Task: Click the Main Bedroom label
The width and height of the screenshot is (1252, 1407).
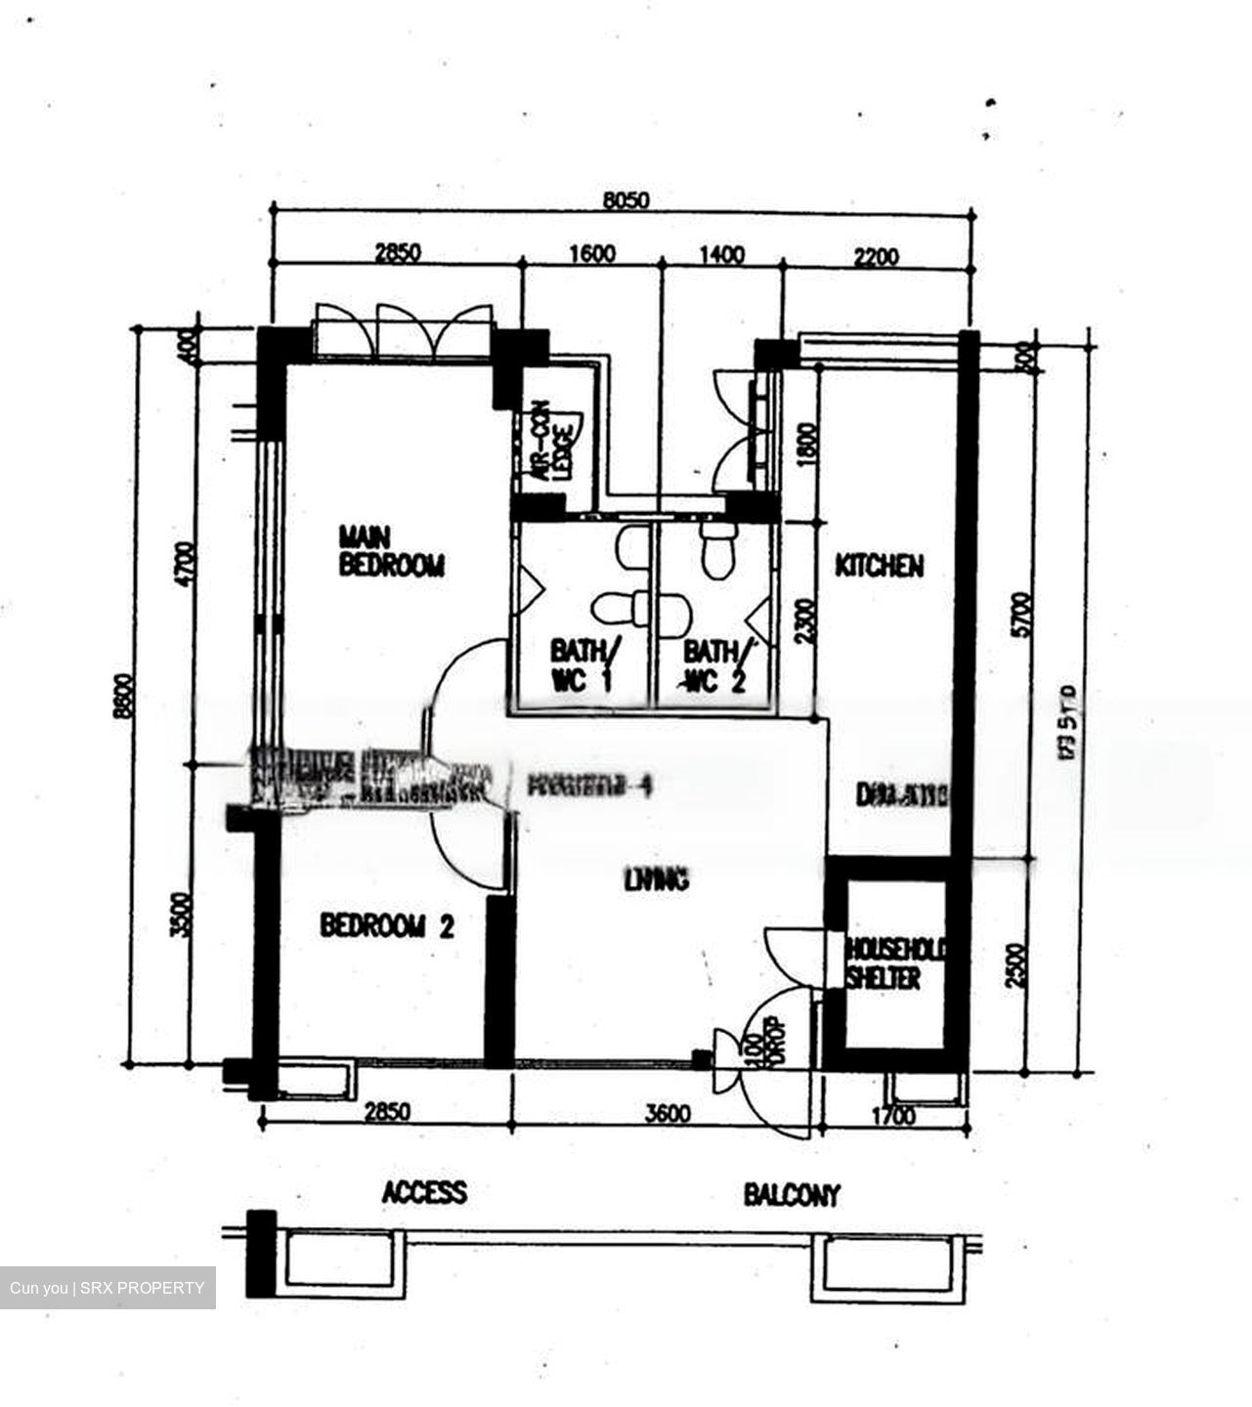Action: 390,551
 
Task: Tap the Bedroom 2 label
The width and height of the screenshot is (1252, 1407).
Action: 387,925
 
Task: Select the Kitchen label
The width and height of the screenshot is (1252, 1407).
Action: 879,566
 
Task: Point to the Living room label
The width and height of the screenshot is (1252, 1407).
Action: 656,879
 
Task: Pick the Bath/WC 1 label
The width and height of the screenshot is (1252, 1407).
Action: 582,664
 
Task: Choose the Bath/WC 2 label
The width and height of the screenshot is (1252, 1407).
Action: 716,664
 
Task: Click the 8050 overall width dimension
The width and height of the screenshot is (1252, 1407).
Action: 626,201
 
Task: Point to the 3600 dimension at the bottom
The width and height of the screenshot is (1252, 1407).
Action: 669,1114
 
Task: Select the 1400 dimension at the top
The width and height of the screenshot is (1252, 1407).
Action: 722,255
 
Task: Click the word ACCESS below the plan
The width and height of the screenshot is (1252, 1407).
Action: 424,1192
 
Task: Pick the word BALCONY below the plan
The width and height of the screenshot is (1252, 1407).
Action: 791,1194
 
